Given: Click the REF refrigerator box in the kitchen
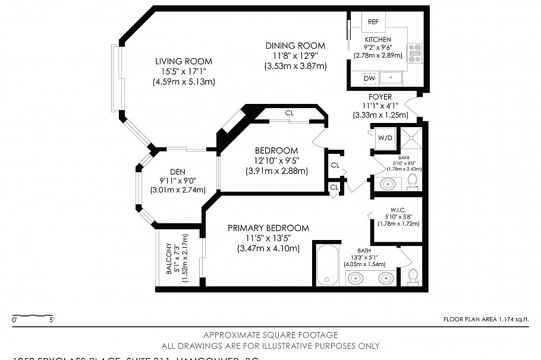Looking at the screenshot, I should click(373, 21).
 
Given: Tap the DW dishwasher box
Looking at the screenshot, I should click(369, 78).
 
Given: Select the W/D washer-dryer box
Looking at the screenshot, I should click(385, 138).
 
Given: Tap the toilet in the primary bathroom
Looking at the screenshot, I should click(413, 276).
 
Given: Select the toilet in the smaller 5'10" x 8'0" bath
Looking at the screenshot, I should click(413, 183).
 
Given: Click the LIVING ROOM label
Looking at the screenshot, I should click(183, 61).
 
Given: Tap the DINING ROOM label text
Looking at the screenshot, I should click(295, 46).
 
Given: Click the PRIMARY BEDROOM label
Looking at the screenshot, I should click(268, 228).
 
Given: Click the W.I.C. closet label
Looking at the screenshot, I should click(398, 209).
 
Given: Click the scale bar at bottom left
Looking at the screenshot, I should click(33, 315).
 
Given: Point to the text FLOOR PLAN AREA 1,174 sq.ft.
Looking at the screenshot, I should click(486, 320).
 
